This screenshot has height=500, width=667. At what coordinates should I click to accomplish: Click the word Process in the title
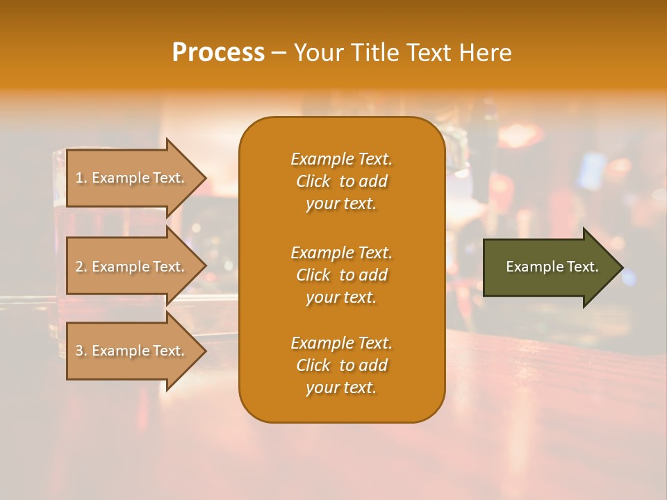(218, 53)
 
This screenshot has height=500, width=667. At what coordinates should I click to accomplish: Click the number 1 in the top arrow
(79, 178)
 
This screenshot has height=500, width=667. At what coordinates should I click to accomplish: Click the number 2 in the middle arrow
(79, 267)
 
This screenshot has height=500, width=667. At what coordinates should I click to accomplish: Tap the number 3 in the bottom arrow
(79, 351)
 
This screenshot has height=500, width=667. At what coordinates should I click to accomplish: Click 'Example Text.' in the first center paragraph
(341, 159)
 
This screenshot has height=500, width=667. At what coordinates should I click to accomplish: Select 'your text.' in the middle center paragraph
(340, 297)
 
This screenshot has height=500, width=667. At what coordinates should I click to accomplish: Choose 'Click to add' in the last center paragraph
(341, 365)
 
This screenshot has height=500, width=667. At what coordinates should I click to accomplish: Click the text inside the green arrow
(552, 267)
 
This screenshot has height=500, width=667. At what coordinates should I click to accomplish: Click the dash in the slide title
(279, 53)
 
